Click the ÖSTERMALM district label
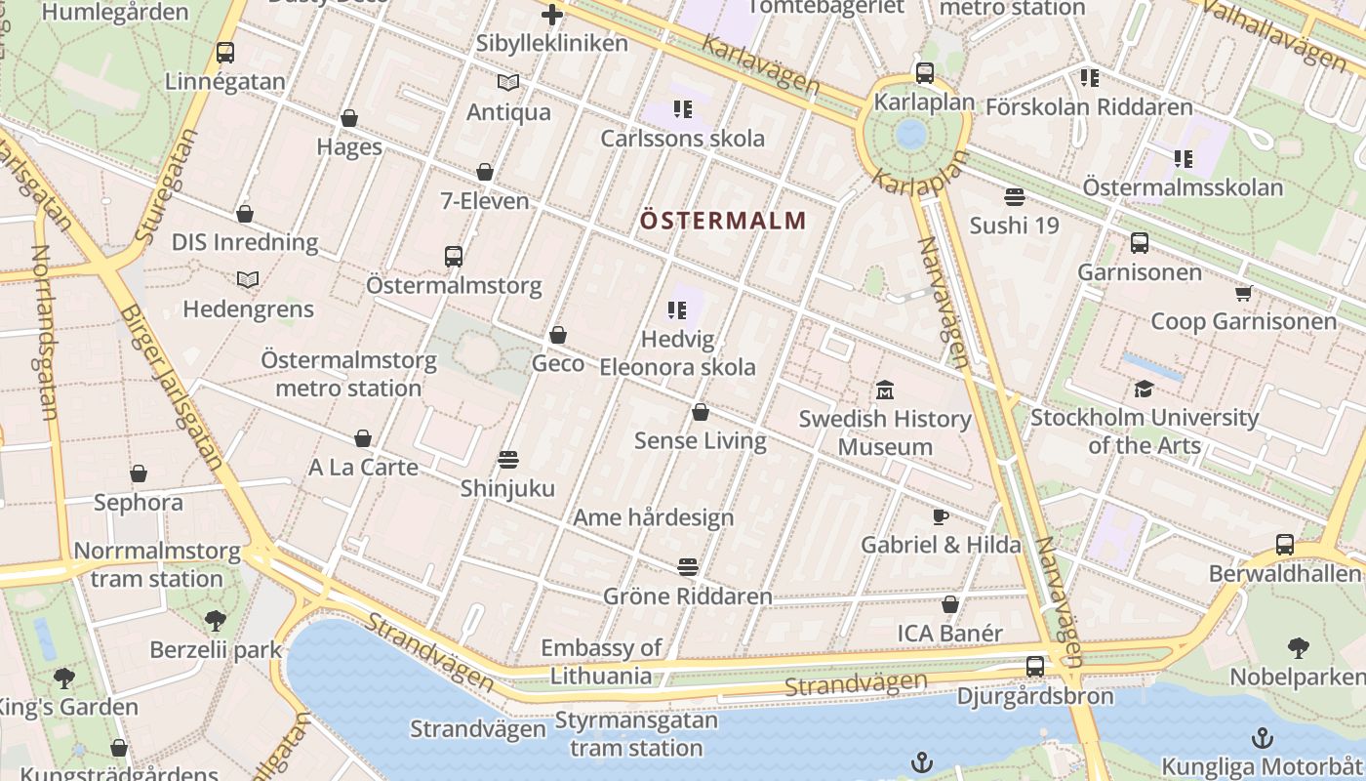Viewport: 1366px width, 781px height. pos(723,220)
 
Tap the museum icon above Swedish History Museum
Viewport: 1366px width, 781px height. pos(885,390)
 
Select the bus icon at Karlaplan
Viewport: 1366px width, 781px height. pos(924,73)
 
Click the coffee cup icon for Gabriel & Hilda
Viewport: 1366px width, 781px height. pos(940,516)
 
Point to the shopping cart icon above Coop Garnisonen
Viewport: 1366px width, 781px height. pos(1243,293)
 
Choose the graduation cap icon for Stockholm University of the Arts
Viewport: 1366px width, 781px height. pos(1144,390)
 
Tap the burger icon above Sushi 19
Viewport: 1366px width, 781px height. pos(1014,197)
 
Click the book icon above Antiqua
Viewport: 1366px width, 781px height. pos(508,84)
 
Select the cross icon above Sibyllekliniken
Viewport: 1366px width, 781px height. pos(552,15)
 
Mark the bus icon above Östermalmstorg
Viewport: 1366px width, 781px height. pos(454,257)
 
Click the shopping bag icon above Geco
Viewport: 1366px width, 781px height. pos(558,336)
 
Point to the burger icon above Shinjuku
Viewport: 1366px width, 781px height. pos(507,460)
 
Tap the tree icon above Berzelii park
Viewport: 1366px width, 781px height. pos(215,621)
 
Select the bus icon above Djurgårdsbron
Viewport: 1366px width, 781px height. pos(1035,668)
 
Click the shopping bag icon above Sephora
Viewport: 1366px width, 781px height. pos(139,474)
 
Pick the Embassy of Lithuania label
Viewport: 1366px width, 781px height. pos(601,661)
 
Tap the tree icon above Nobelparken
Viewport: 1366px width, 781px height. pos(1298,648)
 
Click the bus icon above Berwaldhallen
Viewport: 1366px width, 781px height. pos(1285,545)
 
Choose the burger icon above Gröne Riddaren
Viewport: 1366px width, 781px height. pos(688,567)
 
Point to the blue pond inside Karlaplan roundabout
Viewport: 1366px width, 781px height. pos(911,134)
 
